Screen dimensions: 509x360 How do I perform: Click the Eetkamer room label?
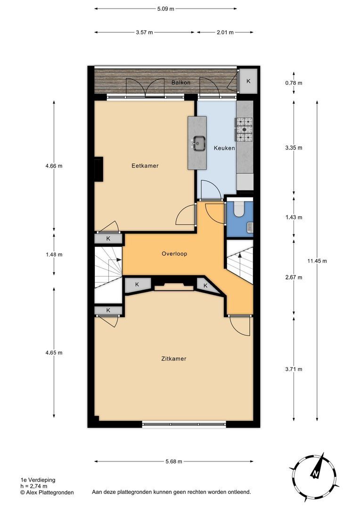pyautogui.click(x=145, y=166)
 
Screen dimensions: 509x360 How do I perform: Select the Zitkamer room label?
pyautogui.click(x=173, y=359)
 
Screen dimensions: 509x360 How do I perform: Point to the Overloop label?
pyautogui.click(x=174, y=254)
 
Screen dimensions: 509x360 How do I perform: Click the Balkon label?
pyautogui.click(x=180, y=82)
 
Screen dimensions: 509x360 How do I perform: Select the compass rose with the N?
pyautogui.click(x=313, y=472)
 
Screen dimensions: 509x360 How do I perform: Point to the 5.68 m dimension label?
pyautogui.click(x=173, y=462)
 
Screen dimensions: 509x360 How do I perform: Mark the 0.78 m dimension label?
pyautogui.click(x=294, y=83)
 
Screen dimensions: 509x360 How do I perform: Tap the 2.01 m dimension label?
pyautogui.click(x=225, y=33)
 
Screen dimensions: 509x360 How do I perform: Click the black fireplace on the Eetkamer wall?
pyautogui.click(x=99, y=170)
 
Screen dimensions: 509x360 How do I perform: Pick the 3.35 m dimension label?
pyautogui.click(x=294, y=148)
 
